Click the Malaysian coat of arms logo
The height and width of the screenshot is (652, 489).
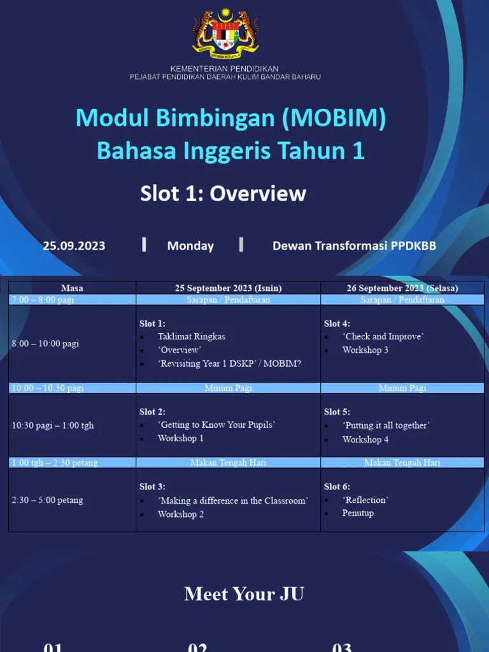coord(225,32)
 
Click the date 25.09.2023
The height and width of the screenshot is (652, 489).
coord(74,246)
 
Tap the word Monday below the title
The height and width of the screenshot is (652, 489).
coord(190,246)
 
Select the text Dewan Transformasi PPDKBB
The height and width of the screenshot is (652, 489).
coord(354,246)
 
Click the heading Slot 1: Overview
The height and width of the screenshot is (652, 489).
coord(223,194)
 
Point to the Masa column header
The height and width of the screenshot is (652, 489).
coord(72,288)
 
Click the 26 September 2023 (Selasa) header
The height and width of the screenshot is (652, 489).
coord(402,288)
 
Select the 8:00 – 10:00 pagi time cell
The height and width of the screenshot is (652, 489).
coord(45,344)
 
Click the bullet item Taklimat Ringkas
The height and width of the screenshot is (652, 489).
coord(191,336)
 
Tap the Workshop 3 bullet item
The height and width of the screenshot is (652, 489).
coord(365,350)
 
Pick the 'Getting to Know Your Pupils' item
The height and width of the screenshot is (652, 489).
coord(216,425)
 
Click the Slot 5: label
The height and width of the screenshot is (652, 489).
coord(337,412)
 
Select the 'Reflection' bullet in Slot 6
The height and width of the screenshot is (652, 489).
coord(365,500)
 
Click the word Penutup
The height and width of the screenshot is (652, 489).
coord(358,513)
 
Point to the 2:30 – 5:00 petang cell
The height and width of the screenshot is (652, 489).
coord(47,500)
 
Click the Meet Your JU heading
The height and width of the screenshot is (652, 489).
coord(244,594)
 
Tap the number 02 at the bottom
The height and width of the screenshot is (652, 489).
coord(197,647)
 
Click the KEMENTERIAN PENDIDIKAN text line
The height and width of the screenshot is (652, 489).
coord(224,68)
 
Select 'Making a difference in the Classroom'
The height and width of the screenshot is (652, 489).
coord(232,501)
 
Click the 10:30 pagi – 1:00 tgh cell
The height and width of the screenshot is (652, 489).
coord(52,425)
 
